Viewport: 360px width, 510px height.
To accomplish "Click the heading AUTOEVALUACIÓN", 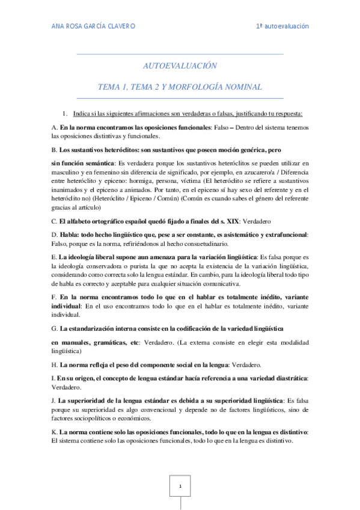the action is click(x=180, y=66).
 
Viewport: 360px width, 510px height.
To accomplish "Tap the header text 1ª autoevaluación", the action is click(x=282, y=26).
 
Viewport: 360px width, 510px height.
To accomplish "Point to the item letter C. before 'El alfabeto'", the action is click(x=55, y=238).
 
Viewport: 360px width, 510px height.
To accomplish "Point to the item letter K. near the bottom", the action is click(x=55, y=432).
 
